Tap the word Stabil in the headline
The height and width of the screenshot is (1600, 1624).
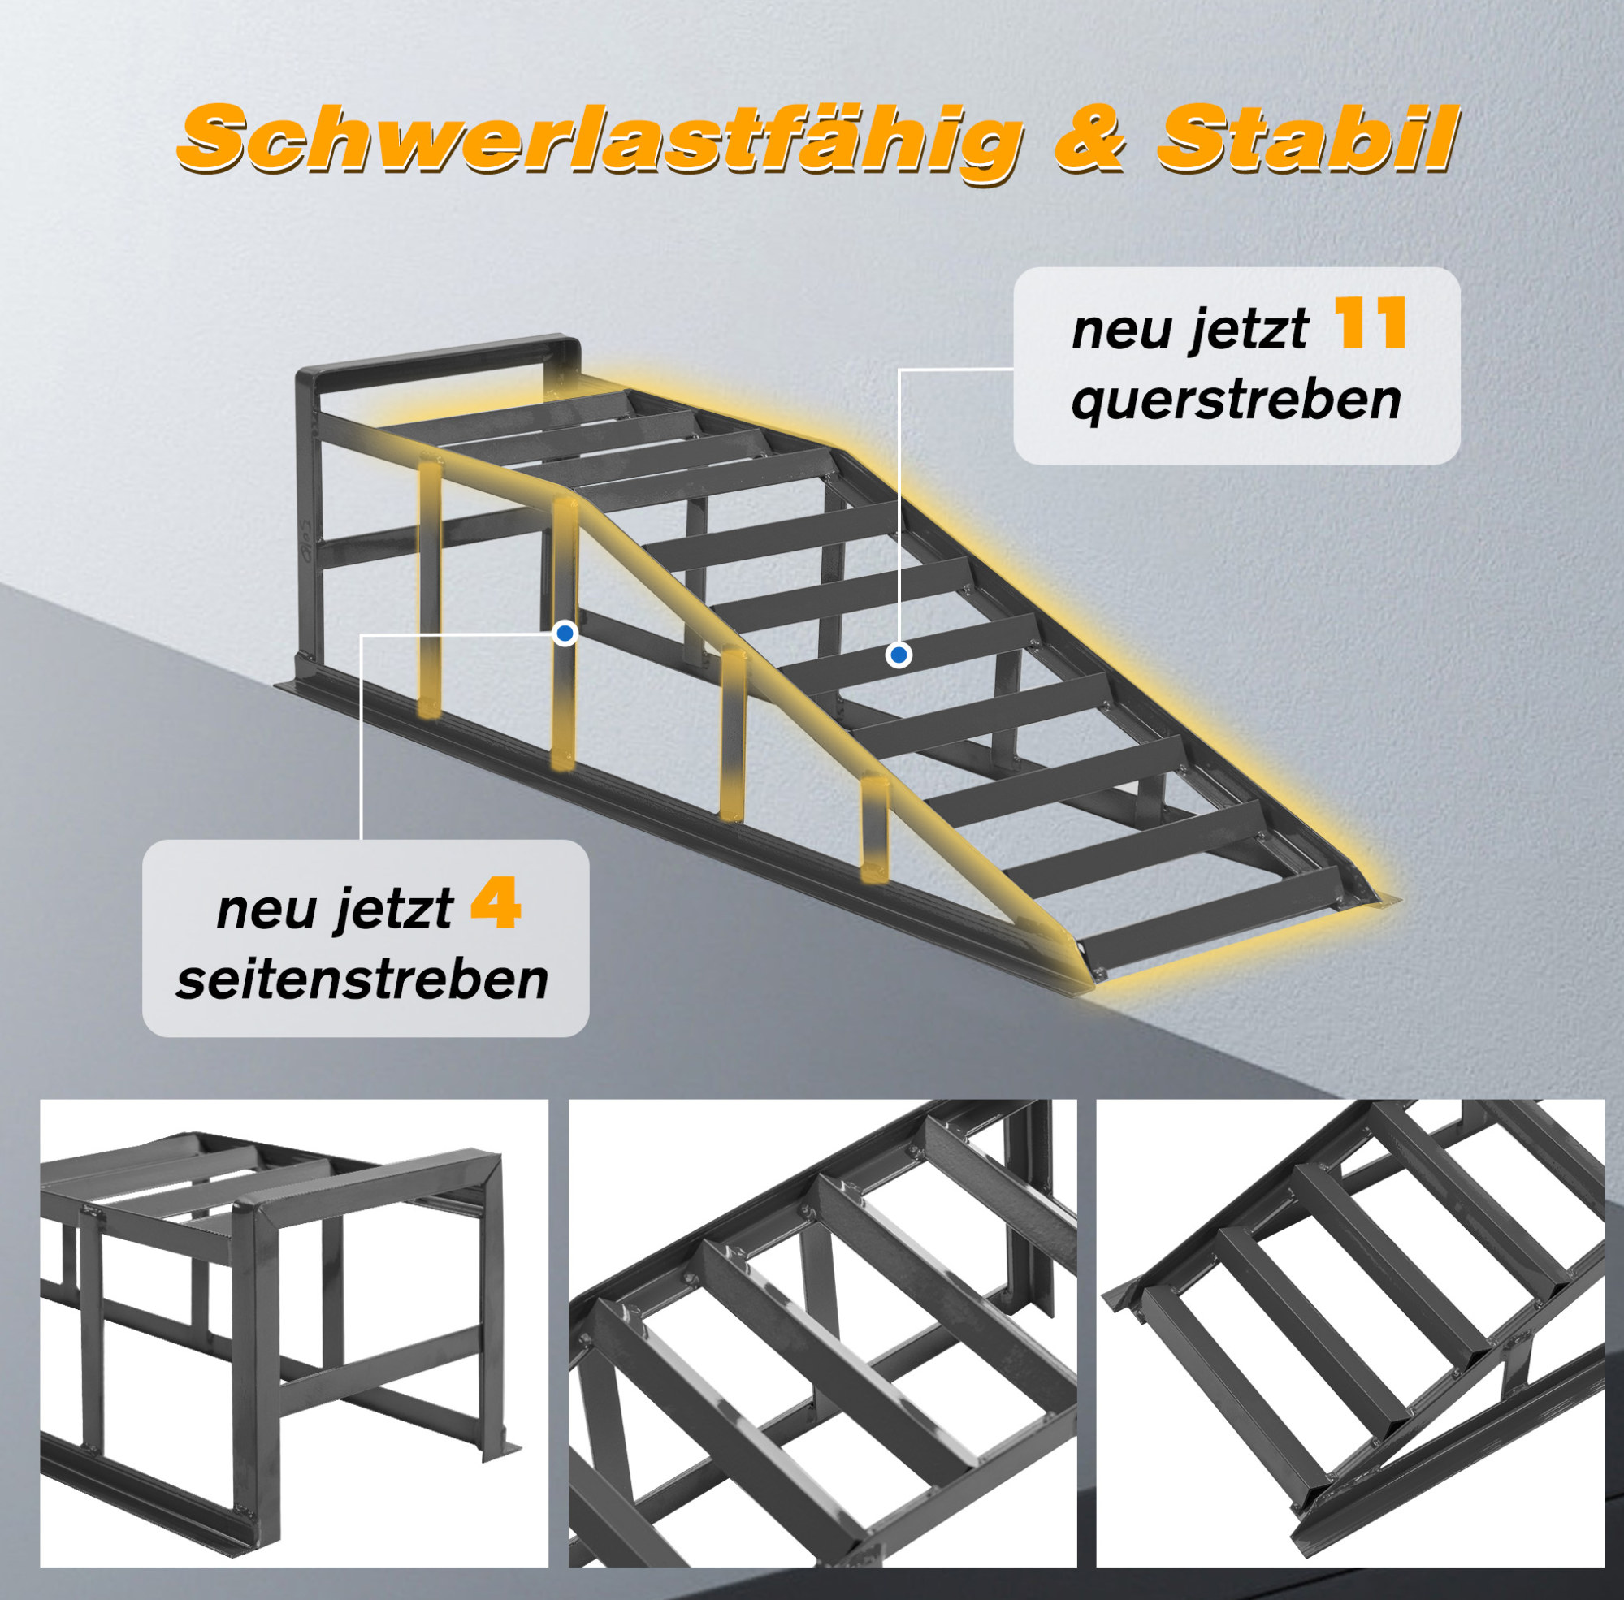(1306, 136)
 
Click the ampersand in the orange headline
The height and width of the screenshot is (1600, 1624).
(1089, 139)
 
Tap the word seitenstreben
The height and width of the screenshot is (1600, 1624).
(362, 979)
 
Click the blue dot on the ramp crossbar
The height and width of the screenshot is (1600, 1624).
(899, 654)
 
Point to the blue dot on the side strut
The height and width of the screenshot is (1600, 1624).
(565, 633)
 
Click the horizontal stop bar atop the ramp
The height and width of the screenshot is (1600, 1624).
(437, 357)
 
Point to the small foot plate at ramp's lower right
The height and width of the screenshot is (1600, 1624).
(1383, 899)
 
